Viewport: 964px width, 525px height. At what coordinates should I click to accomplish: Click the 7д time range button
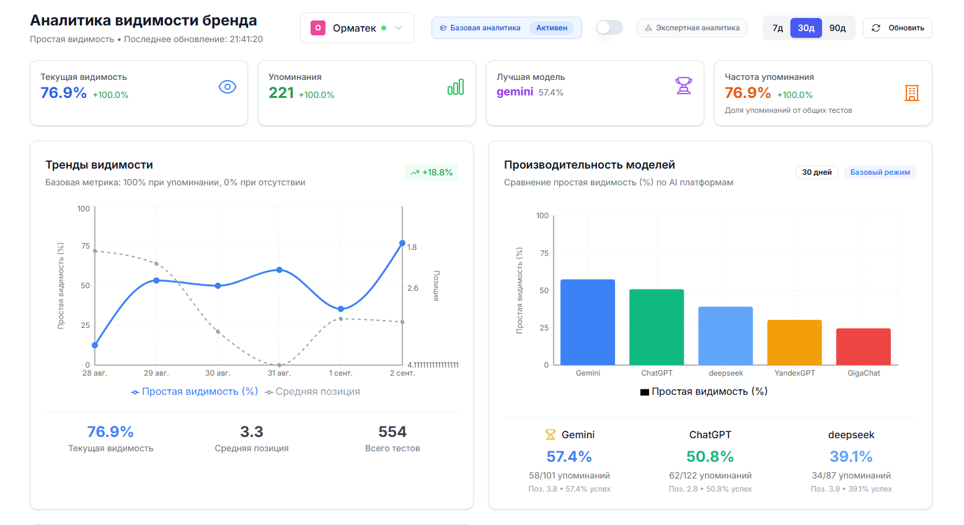(x=777, y=28)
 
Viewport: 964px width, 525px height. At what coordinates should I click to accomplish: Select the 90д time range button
(x=838, y=28)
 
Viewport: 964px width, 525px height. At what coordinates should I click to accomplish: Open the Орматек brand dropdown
(x=356, y=28)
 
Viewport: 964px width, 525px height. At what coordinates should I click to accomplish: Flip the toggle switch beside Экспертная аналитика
(x=609, y=27)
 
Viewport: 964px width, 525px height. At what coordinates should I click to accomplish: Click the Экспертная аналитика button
(x=692, y=28)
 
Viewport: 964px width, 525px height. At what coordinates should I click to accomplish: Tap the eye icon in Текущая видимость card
(x=228, y=87)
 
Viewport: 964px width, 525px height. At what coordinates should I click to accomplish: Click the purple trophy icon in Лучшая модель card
(x=683, y=86)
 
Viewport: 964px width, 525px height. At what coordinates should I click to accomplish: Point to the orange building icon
(x=911, y=93)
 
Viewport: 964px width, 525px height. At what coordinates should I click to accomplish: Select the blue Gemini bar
(x=588, y=322)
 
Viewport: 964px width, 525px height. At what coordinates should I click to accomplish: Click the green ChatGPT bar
(x=657, y=327)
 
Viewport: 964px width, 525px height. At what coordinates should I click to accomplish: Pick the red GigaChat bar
(x=863, y=346)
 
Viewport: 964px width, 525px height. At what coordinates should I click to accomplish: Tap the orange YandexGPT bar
(x=794, y=342)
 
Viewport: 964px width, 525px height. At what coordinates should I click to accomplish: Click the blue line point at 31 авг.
(x=280, y=270)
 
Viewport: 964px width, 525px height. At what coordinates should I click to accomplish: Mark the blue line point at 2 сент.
(x=402, y=243)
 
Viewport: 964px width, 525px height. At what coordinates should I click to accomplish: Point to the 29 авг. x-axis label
(x=156, y=373)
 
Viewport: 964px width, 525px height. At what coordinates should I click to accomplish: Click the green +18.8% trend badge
(x=431, y=172)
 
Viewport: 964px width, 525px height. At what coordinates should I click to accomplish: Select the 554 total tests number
(x=392, y=431)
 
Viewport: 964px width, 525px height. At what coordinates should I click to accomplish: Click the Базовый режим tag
(x=880, y=172)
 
